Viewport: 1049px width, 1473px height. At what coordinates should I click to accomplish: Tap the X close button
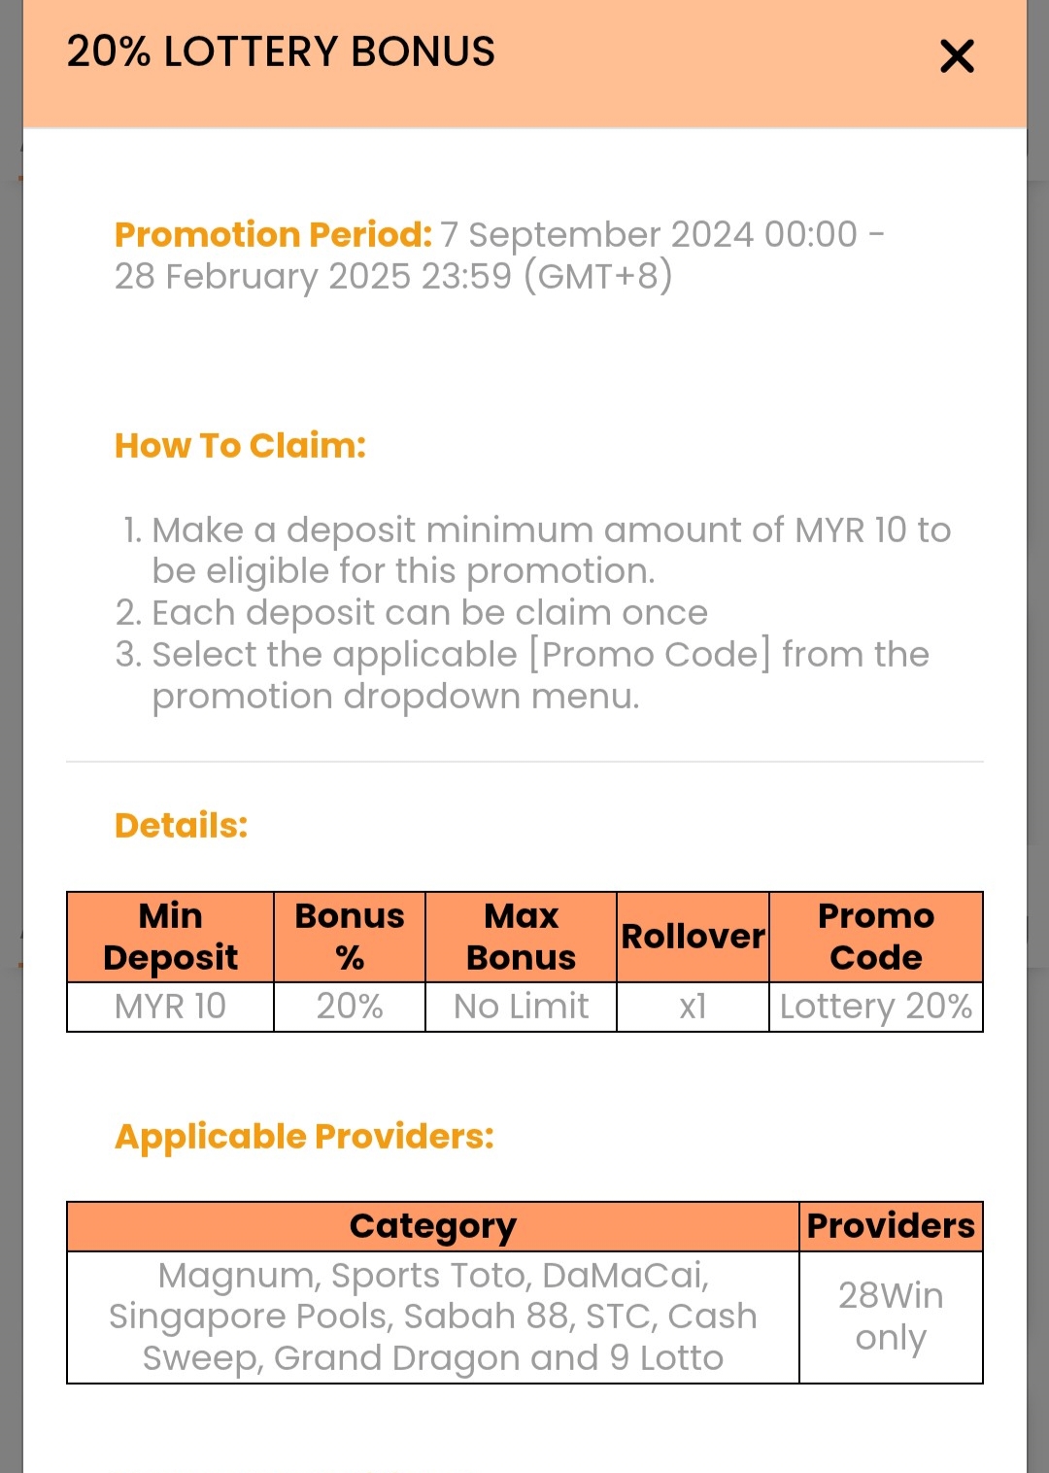(957, 56)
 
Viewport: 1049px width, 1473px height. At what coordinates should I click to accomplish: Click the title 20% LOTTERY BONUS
(281, 51)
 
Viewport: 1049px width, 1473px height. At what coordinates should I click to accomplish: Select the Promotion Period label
(273, 234)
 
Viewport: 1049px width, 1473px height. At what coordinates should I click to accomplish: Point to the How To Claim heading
(240, 446)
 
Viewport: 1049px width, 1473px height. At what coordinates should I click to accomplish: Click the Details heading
(181, 825)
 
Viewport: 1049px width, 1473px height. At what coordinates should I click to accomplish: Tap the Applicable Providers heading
(304, 1136)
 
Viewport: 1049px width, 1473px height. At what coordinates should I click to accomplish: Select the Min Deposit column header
(170, 937)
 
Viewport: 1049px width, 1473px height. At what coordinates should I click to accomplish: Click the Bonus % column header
(350, 937)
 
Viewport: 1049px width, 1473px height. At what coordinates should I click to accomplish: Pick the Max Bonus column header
(521, 937)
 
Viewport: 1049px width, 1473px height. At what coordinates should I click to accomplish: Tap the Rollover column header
(693, 937)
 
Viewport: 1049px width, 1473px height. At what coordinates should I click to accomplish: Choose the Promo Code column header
(875, 937)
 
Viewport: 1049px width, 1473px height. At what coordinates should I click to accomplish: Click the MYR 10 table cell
(170, 1007)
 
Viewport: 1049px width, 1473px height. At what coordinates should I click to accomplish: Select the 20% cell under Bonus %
(350, 1007)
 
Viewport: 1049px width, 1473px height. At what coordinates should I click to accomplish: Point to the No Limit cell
(521, 1007)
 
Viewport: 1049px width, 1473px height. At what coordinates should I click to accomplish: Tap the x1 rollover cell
(693, 1007)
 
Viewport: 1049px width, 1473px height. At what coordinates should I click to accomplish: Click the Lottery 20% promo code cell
(875, 1007)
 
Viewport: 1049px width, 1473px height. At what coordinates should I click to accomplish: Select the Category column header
(432, 1226)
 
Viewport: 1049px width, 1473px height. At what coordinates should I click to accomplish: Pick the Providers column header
(891, 1226)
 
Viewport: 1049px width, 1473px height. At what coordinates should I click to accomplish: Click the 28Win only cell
(891, 1317)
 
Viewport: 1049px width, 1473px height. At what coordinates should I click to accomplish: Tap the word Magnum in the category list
(236, 1276)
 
